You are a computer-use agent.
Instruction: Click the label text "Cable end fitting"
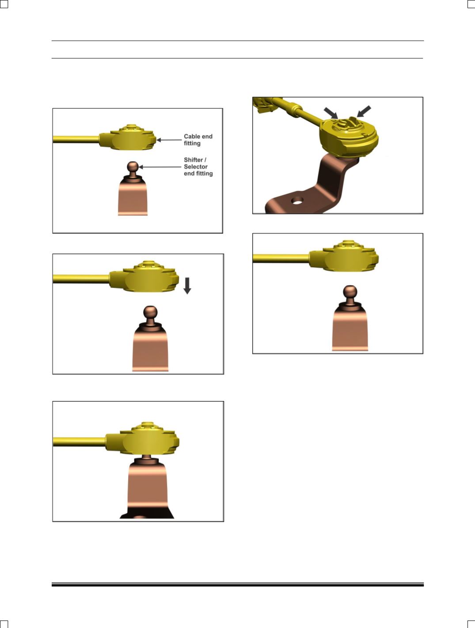(198, 140)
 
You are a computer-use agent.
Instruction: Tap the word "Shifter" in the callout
(193, 159)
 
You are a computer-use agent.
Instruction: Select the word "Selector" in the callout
(195, 166)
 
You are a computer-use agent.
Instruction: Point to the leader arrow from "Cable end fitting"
(169, 140)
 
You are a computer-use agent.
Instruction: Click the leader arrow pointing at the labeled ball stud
(160, 167)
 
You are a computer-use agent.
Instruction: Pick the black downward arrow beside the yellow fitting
(187, 286)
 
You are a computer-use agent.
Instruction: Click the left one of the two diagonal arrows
(331, 113)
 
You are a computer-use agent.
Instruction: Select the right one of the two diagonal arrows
(364, 111)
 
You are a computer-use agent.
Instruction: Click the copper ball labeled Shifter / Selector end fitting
(133, 166)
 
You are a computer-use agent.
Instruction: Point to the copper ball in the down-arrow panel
(150, 311)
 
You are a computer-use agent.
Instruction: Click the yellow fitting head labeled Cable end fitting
(128, 138)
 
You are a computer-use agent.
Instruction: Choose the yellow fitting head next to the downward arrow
(144, 276)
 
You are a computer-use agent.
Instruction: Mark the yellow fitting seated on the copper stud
(142, 439)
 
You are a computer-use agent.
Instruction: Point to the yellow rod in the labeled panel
(76, 139)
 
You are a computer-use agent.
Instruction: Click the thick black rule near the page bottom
(238, 585)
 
